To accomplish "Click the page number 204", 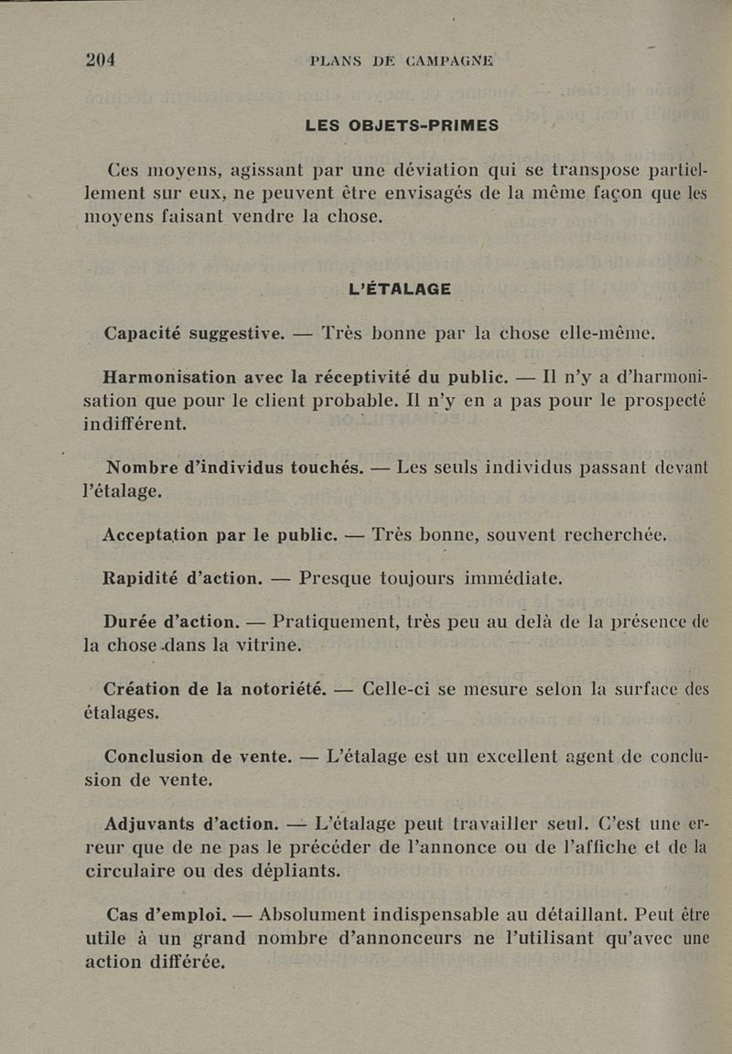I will (x=101, y=59).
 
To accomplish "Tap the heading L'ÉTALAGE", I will (x=401, y=289).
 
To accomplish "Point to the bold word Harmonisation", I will (x=171, y=375).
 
